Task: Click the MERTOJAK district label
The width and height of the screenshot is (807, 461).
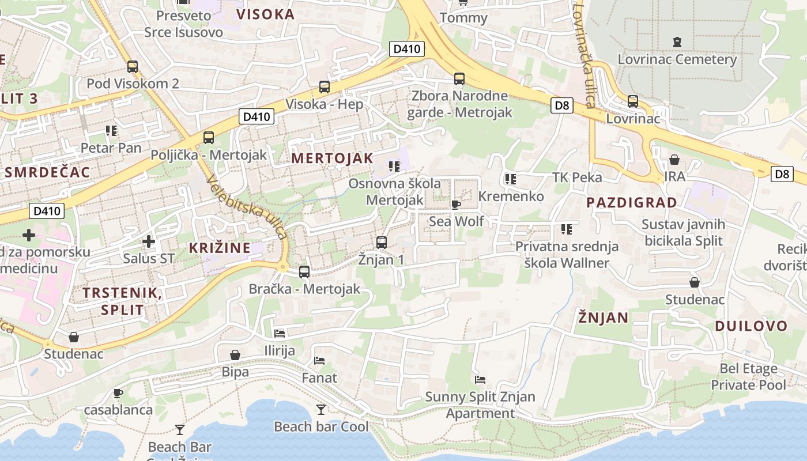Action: click(332, 158)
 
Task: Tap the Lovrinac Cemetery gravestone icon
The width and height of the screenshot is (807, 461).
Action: click(677, 41)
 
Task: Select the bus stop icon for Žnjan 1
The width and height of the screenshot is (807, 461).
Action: click(381, 243)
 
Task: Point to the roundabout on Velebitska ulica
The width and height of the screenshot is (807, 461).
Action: click(282, 267)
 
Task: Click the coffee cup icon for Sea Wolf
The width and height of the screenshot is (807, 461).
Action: click(456, 205)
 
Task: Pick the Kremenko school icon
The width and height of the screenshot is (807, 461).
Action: click(510, 179)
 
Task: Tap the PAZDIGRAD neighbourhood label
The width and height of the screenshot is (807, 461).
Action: click(631, 202)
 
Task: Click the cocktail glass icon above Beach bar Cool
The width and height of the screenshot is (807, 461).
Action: click(321, 410)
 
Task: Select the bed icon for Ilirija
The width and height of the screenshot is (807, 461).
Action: click(280, 333)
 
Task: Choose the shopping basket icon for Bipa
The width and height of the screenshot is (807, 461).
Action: click(235, 355)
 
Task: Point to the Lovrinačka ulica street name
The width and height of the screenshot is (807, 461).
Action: click(583, 55)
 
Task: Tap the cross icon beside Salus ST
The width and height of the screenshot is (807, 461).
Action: click(149, 241)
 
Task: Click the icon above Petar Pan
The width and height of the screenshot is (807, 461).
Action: click(111, 131)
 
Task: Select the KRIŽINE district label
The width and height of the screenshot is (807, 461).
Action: click(220, 248)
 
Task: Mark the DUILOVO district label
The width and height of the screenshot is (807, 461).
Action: click(751, 326)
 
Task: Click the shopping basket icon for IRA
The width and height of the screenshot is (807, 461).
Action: click(674, 160)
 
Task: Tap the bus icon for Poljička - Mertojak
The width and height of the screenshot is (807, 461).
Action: click(209, 138)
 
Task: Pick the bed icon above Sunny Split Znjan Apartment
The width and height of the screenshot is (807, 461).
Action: click(480, 380)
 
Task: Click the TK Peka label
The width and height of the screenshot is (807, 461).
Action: click(577, 177)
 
